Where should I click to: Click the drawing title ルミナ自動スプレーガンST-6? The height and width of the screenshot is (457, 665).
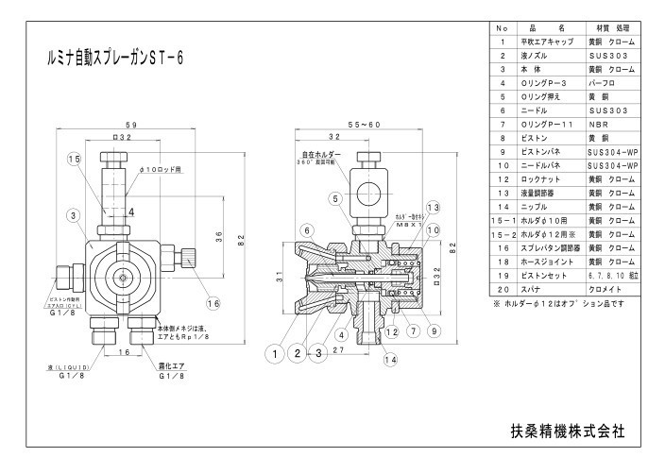pyautogui.click(x=114, y=58)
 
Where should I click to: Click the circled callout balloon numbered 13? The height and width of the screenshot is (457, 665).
pyautogui.click(x=433, y=207)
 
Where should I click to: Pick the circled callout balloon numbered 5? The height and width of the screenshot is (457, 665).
pyautogui.click(x=334, y=198)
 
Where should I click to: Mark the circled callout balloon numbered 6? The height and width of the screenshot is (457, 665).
pyautogui.click(x=307, y=230)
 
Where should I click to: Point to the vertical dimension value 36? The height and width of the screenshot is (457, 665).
pyautogui.click(x=219, y=235)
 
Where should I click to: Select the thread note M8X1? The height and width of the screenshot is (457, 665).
pyautogui.click(x=406, y=224)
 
